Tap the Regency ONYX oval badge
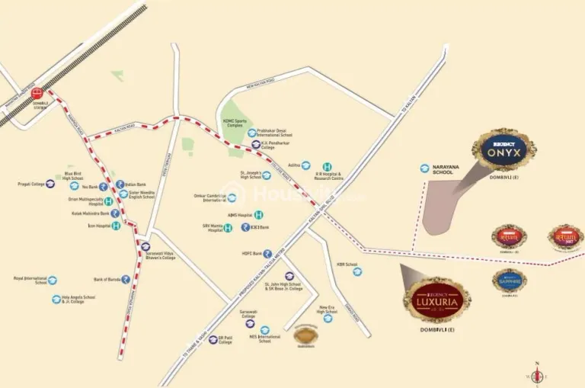coord(503,149)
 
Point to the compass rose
coord(538,374)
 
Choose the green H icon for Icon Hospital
coord(117,226)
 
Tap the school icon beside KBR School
coord(357,271)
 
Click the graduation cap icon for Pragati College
coord(50,184)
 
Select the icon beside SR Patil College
coord(213,339)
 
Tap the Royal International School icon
coord(53,281)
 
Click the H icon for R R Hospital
coord(327,167)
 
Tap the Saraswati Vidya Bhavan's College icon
coord(145,246)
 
